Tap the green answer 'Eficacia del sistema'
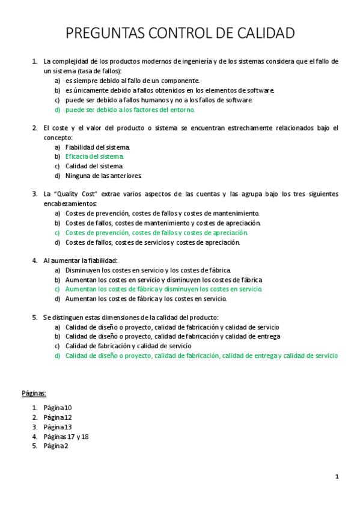94,156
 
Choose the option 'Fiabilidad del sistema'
97,147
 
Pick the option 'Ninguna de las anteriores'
103,176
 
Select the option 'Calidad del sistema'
94,166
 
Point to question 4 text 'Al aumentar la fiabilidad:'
80,260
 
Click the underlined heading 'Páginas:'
34,393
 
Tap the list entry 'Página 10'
57,408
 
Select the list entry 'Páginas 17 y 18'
66,437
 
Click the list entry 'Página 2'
55,446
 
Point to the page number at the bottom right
337,476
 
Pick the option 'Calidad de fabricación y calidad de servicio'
128,346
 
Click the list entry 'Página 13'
57,427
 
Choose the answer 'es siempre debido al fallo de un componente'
132,81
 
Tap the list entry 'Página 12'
57,417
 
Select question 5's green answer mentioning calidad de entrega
201,355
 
